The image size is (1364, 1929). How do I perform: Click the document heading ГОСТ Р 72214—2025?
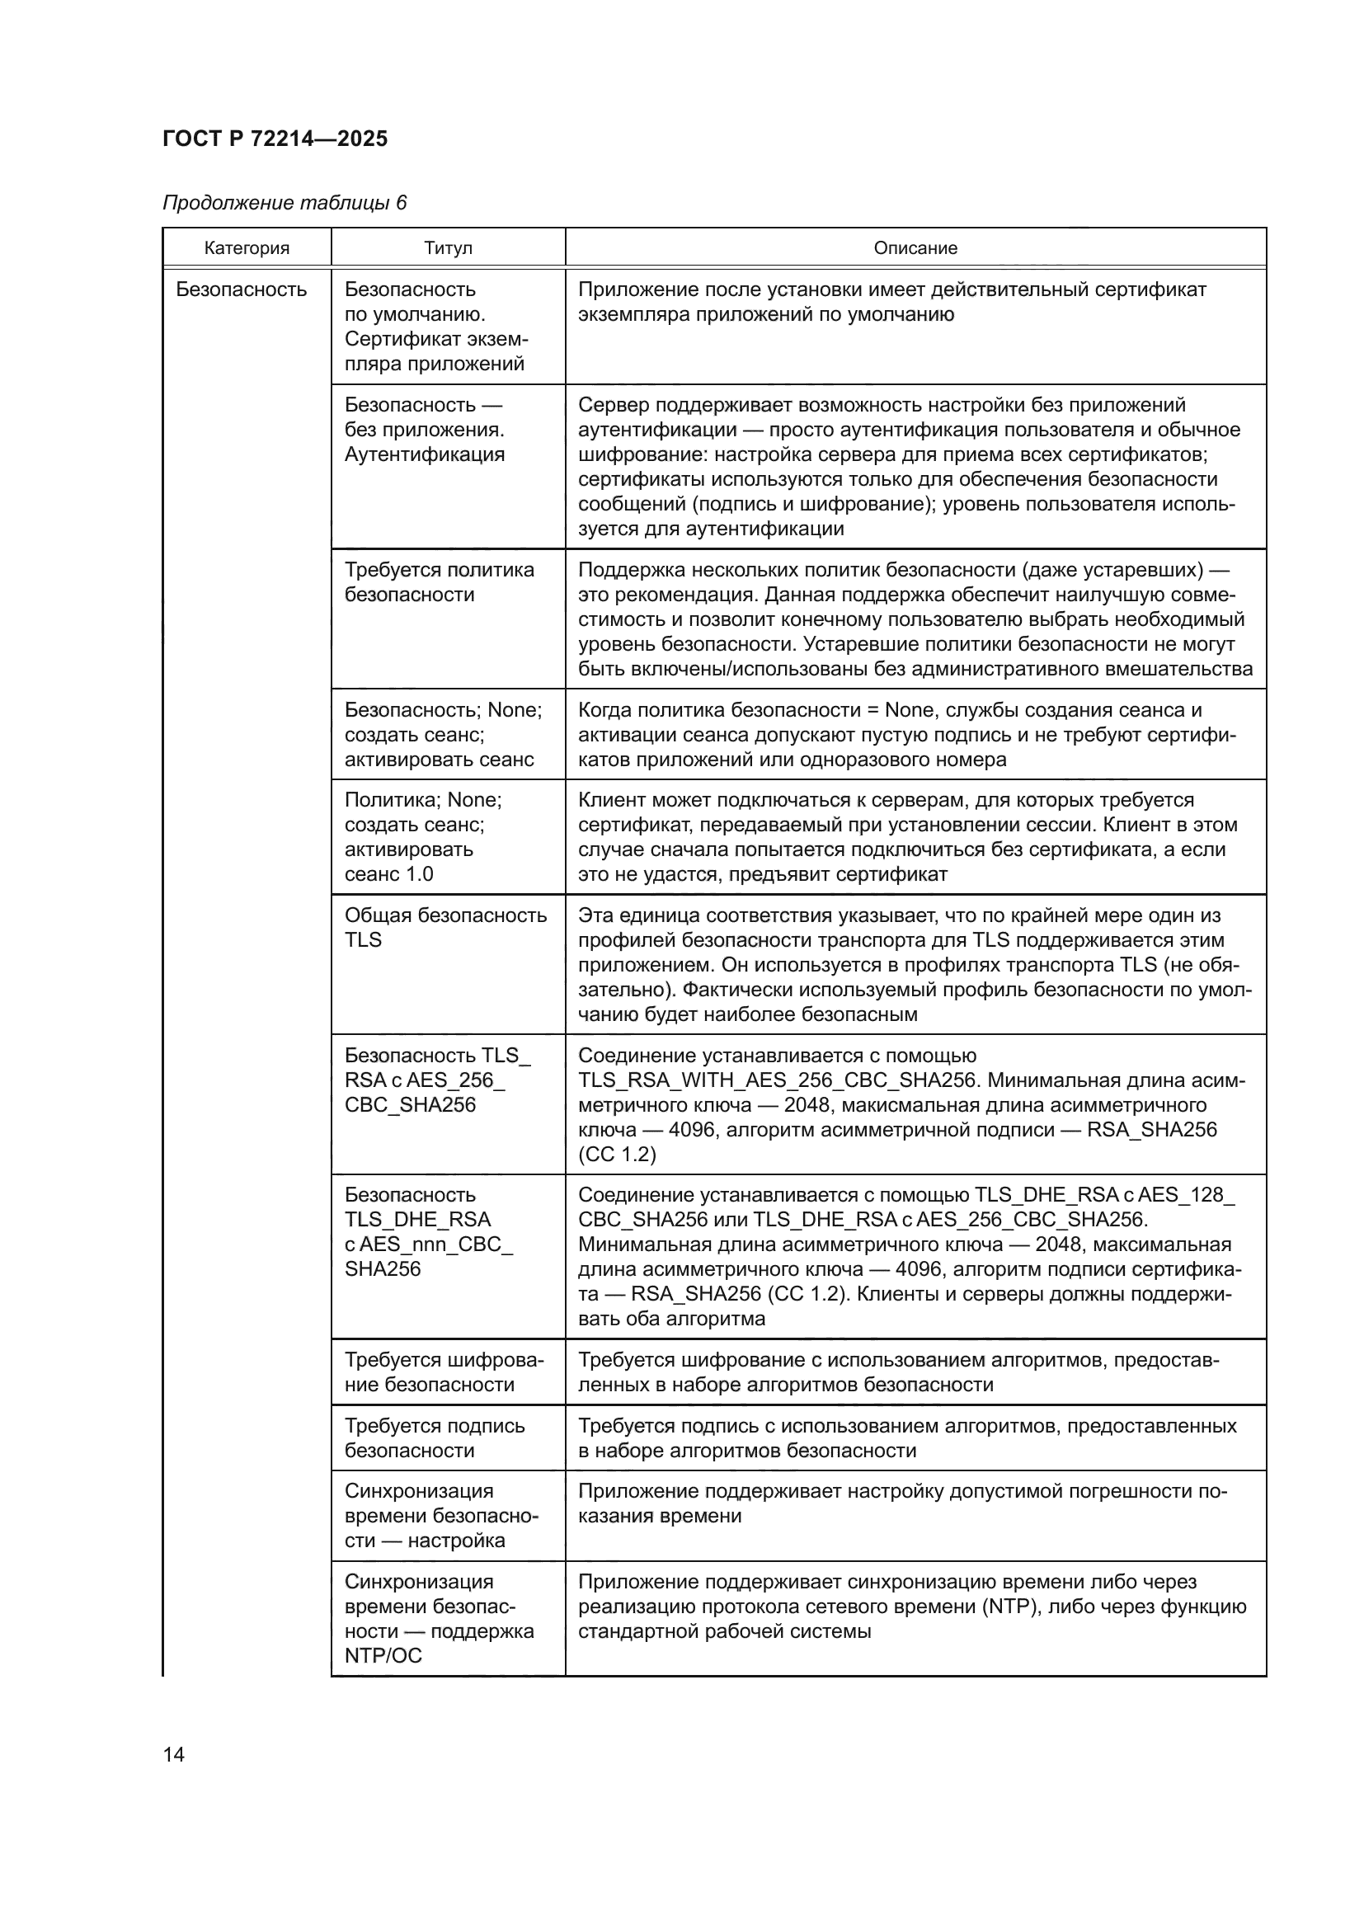tap(275, 139)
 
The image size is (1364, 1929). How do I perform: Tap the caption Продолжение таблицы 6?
tap(284, 204)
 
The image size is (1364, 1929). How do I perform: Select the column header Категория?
tap(246, 249)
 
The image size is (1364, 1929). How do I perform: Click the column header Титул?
tap(448, 249)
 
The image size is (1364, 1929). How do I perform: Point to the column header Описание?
tap(915, 249)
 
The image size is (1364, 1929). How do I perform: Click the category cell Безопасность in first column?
tap(241, 289)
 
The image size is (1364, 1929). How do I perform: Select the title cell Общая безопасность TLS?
tap(445, 928)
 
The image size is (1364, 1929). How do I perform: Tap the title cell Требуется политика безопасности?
tap(439, 582)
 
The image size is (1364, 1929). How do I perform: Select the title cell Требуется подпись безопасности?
tap(435, 1438)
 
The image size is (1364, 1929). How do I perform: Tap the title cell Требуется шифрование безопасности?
tap(444, 1372)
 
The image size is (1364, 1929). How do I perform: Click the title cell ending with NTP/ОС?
tap(439, 1619)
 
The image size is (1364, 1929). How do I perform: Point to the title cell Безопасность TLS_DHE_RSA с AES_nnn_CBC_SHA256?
tap(428, 1231)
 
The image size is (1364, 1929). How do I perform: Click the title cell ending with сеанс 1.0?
tap(422, 837)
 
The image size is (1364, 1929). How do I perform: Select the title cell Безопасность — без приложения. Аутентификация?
tap(424, 430)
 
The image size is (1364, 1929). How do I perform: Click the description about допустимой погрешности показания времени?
tap(902, 1504)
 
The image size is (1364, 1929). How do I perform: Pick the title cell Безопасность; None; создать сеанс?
tap(443, 735)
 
